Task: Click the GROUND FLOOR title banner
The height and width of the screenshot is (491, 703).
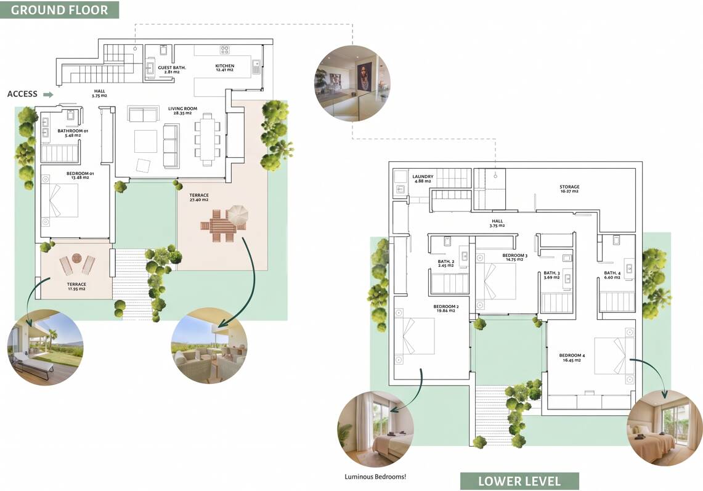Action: [59, 10]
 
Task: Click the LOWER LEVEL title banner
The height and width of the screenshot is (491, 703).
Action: [519, 481]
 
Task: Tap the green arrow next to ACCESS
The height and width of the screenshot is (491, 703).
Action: [48, 94]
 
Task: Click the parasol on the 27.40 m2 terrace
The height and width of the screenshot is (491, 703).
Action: [237, 216]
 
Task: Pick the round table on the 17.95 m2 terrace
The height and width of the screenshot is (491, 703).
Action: [76, 258]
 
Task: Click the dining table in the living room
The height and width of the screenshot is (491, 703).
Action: [207, 139]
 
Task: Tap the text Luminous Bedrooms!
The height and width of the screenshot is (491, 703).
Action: [375, 477]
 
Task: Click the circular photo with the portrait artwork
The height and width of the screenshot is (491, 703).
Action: [353, 83]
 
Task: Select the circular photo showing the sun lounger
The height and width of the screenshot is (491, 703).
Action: [45, 347]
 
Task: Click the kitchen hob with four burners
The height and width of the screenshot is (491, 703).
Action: [225, 50]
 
